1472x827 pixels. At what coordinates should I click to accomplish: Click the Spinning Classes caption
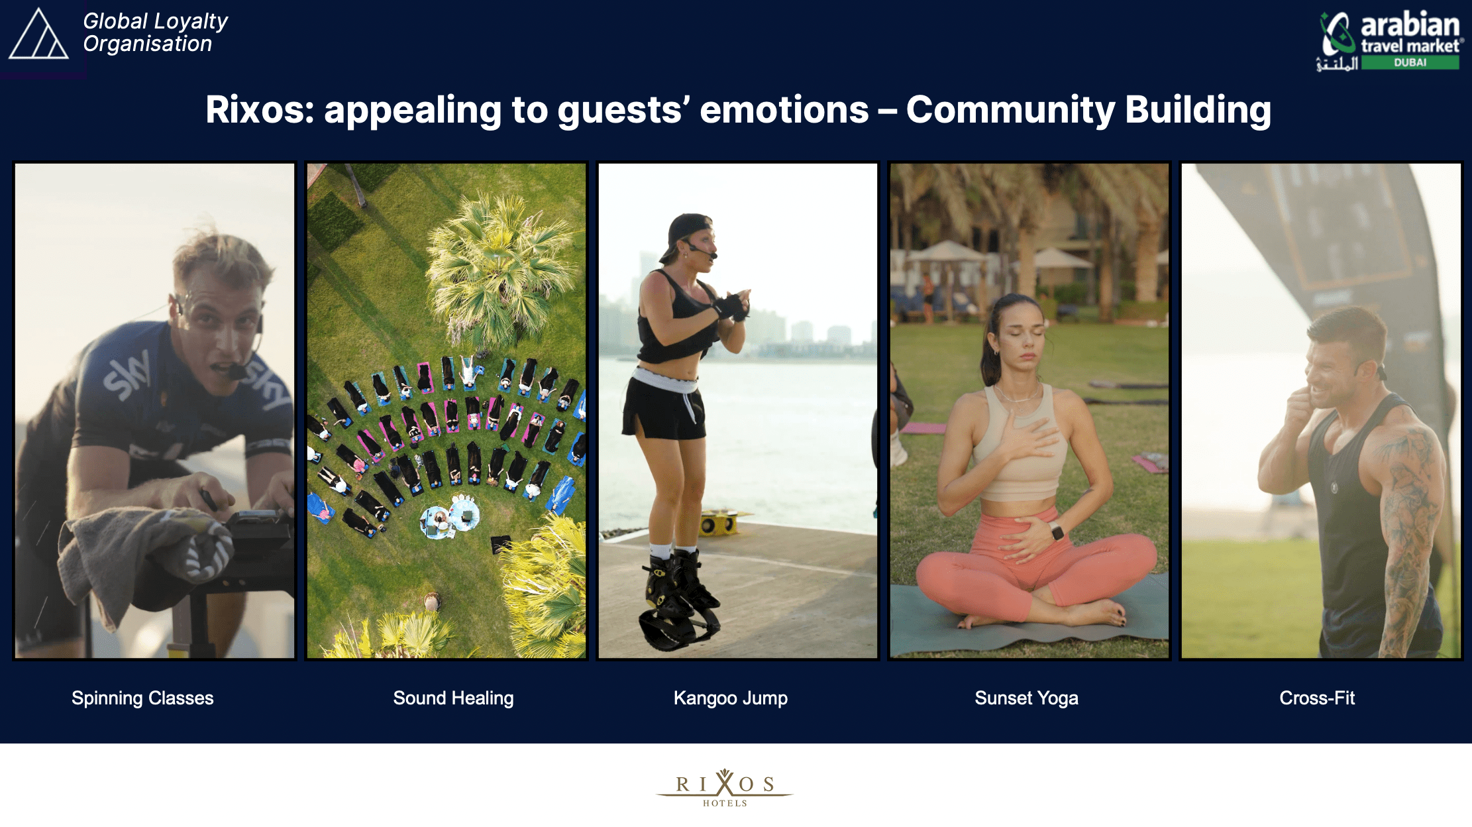coord(142,698)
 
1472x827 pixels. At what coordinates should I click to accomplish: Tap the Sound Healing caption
coord(453,698)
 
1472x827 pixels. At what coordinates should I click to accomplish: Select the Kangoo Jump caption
coord(731,698)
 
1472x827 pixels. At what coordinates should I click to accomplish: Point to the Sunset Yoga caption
coord(1026,698)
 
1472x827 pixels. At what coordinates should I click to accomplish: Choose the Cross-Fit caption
coord(1317,698)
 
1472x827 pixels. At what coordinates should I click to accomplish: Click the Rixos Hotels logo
coord(725,787)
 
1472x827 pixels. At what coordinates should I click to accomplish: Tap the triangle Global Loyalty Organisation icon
coord(38,34)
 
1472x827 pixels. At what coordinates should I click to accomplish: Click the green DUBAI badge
coord(1410,62)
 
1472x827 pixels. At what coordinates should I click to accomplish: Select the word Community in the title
coord(1011,110)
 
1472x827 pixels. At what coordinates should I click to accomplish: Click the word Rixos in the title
coord(259,110)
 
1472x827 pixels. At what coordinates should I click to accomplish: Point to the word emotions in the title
coord(784,110)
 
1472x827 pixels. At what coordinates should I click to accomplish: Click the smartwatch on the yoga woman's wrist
coord(1056,531)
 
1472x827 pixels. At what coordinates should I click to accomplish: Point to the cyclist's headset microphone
coord(237,372)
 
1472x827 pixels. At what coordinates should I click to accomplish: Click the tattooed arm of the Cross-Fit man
coord(1408,530)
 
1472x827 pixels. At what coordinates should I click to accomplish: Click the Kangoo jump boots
coord(679,600)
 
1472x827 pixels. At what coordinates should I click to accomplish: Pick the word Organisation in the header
coord(147,44)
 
